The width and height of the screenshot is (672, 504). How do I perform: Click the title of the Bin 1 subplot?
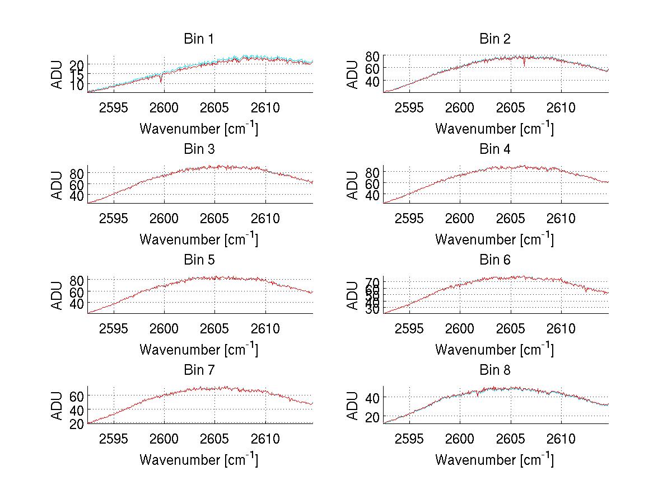(199, 39)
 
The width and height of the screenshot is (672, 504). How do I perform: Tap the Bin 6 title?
(495, 260)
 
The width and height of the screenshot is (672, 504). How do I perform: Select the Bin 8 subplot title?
(495, 370)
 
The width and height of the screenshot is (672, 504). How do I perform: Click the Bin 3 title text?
(199, 149)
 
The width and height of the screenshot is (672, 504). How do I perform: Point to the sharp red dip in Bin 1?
(161, 81)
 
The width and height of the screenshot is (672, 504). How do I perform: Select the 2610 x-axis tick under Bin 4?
(561, 218)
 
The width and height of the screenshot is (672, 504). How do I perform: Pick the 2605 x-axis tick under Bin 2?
(511, 108)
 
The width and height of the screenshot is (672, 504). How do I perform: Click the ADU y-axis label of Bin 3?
(58, 185)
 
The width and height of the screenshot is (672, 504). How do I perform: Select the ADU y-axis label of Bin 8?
(353, 406)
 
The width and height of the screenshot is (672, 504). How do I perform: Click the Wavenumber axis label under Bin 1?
(199, 128)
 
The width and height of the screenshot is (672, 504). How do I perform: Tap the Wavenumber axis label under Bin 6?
(495, 349)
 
